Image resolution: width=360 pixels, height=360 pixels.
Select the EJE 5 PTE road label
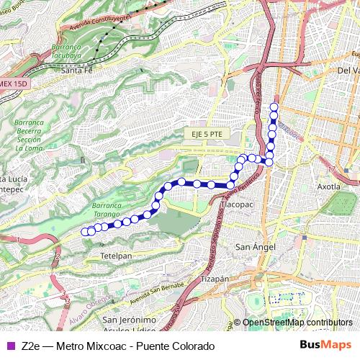pyautogui.click(x=205, y=134)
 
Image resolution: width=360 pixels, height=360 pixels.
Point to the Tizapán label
pyautogui.click(x=215, y=278)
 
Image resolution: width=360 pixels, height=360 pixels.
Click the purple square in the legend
pyautogui.click(x=9, y=346)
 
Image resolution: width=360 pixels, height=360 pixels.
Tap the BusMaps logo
pyautogui.click(x=325, y=346)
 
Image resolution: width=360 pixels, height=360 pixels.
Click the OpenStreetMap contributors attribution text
pyautogui.click(x=297, y=323)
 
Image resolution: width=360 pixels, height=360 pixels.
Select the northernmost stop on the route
pyautogui.click(x=274, y=108)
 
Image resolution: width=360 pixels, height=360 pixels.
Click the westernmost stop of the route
pyautogui.click(x=84, y=232)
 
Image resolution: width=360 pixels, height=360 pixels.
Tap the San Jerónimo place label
pyautogui.click(x=130, y=320)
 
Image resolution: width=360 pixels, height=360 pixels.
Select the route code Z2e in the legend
pyautogui.click(x=32, y=346)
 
